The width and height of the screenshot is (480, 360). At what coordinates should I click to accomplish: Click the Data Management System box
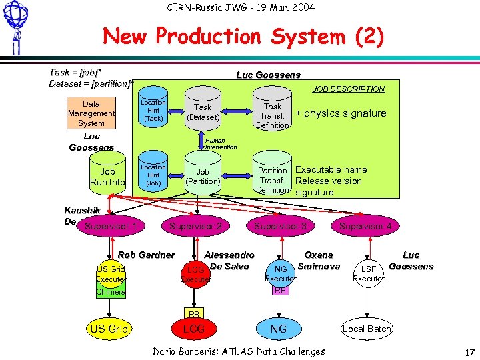pos(91,113)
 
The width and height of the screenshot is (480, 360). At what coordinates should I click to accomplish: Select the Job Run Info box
pos(107,177)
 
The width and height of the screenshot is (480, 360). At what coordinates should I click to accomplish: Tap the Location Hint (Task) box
pos(153,111)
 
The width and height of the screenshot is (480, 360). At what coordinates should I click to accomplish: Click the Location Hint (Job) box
pos(153,175)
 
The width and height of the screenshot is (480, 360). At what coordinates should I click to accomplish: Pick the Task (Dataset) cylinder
pos(203,112)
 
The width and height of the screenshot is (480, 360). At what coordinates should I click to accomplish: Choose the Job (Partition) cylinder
pos(203,177)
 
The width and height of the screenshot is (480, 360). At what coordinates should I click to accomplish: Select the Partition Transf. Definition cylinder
pos(272,180)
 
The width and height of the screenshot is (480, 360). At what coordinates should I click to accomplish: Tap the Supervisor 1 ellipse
pos(111,227)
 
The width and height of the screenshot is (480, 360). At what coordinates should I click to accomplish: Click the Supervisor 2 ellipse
pos(195,227)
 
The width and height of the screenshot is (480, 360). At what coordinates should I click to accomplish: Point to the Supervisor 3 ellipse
pos(280,227)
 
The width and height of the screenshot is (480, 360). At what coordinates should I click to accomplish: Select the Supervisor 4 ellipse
pos(365,227)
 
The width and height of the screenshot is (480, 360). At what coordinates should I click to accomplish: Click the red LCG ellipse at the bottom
pos(195,329)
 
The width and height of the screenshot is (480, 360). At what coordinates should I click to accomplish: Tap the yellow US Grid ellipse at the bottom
pos(109,329)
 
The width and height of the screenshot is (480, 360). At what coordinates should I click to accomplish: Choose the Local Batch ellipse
pos(366,329)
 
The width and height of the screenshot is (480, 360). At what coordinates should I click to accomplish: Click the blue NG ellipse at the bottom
pos(279,329)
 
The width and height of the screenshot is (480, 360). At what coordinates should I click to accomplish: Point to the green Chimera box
pos(110,292)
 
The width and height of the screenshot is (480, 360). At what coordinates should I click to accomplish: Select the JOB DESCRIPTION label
pos(349,89)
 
